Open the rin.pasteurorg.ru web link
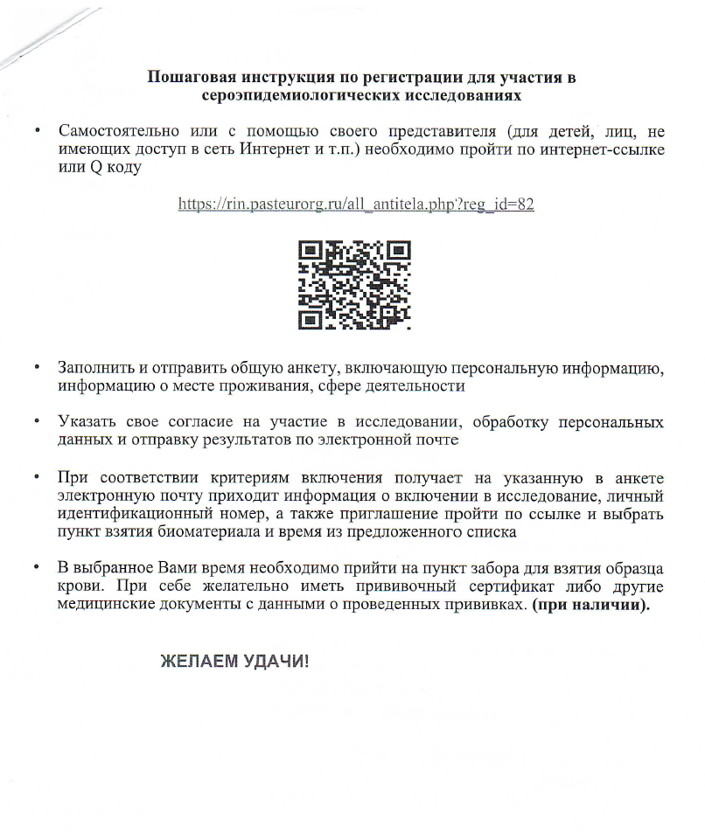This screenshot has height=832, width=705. click(356, 205)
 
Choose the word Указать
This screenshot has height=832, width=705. click(87, 423)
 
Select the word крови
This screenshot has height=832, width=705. click(77, 588)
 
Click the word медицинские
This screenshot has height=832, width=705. click(116, 607)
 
